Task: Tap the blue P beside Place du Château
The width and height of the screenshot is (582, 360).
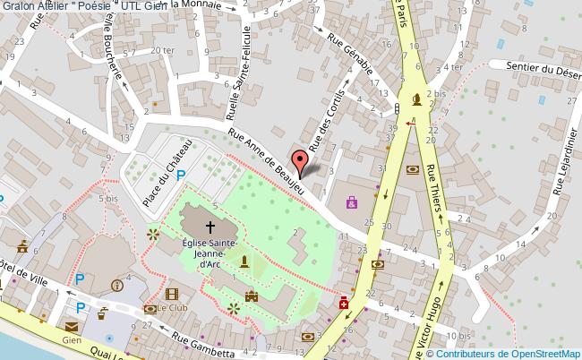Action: click(x=181, y=176)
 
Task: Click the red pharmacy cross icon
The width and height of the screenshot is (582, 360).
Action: click(x=344, y=304)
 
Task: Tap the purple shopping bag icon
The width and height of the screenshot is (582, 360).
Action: click(x=352, y=202)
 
